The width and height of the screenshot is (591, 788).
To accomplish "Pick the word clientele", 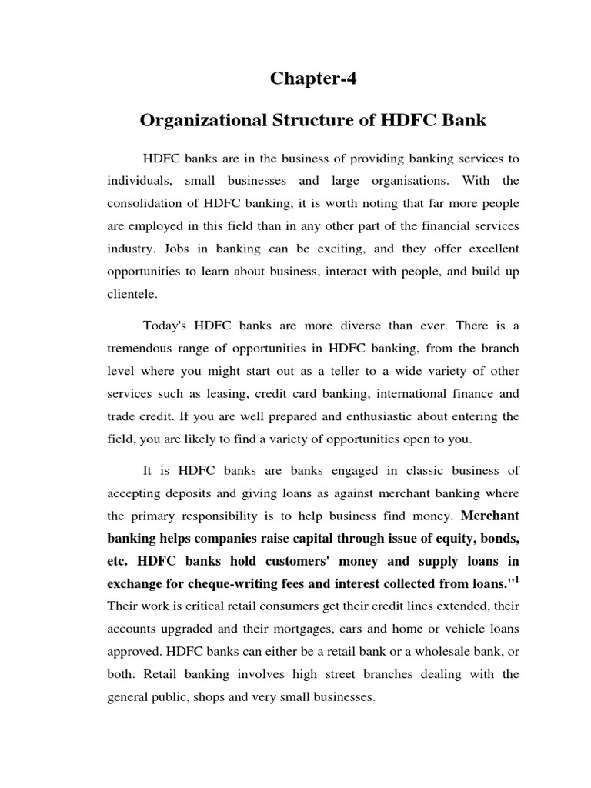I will pyautogui.click(x=132, y=293).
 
